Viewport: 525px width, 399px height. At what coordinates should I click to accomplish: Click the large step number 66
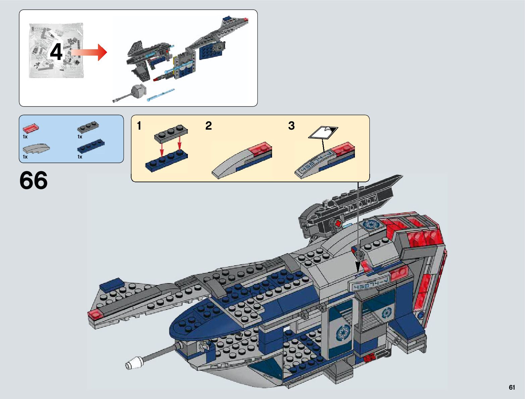point(34,181)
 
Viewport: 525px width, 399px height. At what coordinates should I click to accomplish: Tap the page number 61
point(512,387)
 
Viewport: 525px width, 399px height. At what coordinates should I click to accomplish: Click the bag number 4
point(56,52)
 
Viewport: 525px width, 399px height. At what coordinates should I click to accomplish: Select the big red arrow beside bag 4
point(89,52)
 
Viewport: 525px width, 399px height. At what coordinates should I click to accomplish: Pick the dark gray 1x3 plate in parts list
point(88,127)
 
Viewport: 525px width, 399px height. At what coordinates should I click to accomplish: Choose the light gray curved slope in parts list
point(36,148)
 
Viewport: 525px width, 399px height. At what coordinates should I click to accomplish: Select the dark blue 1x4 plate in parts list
point(91,147)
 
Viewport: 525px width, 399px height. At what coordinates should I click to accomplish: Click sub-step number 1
point(139,126)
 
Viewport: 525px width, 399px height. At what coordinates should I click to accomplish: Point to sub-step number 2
point(208,126)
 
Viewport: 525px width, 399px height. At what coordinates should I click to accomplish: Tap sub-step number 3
point(291,126)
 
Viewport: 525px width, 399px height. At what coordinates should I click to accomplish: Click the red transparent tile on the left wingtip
point(95,314)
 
